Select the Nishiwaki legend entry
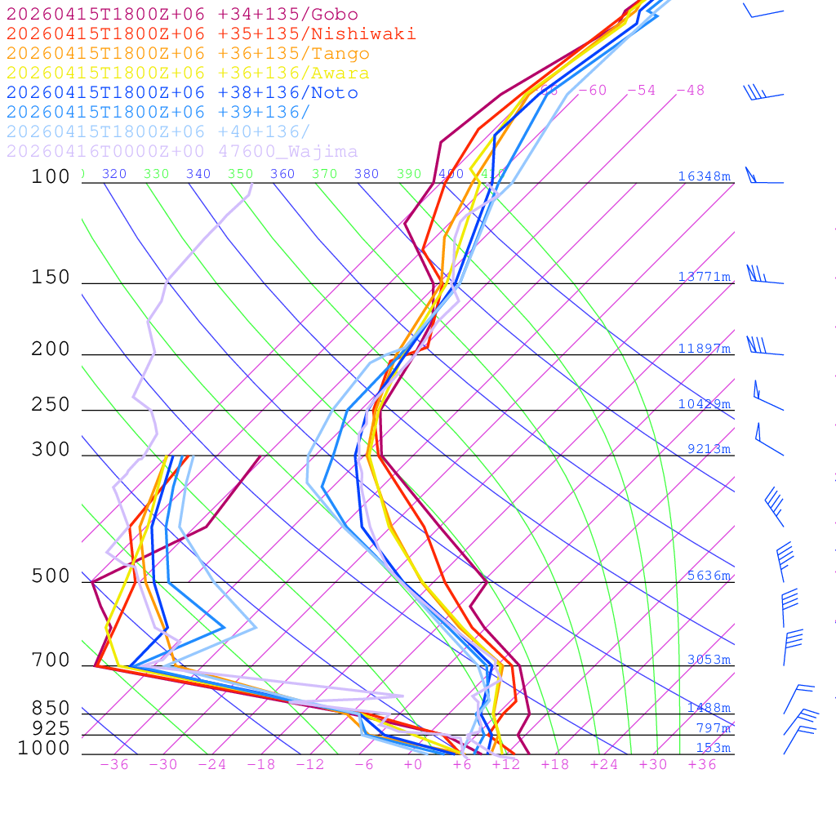(x=211, y=33)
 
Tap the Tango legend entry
(x=188, y=54)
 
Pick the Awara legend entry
(x=188, y=73)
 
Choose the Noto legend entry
(x=182, y=93)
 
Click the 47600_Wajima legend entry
(x=182, y=152)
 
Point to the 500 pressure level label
(x=51, y=576)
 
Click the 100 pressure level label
(x=51, y=176)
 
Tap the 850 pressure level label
(x=51, y=709)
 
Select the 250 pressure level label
(x=51, y=405)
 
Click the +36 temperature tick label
(x=702, y=764)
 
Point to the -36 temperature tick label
(x=114, y=764)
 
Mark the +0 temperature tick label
(x=413, y=764)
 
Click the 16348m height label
(x=704, y=176)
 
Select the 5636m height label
(x=708, y=576)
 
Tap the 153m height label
(x=713, y=748)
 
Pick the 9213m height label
(x=708, y=449)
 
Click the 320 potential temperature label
(x=114, y=174)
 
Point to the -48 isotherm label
(x=690, y=91)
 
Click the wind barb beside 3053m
(x=792, y=647)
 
